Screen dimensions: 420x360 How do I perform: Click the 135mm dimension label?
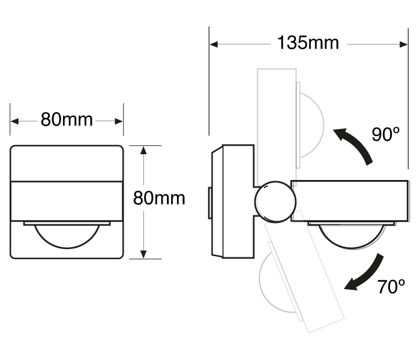click(308, 43)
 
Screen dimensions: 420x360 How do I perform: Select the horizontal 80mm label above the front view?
click(67, 119)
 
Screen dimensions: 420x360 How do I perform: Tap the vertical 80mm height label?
click(159, 198)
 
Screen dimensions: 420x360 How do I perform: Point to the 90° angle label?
click(386, 134)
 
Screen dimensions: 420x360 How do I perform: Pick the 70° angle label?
click(391, 287)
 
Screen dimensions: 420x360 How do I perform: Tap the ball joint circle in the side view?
click(275, 202)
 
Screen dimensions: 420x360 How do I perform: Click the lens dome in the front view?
click(67, 236)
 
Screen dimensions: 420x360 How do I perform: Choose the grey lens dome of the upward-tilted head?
click(312, 125)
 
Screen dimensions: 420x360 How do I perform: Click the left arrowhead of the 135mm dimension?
click(214, 44)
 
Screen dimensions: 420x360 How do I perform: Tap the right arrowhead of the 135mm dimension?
click(403, 44)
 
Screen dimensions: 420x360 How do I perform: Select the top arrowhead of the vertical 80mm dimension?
click(143, 150)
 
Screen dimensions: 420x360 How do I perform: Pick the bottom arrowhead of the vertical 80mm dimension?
click(143, 254)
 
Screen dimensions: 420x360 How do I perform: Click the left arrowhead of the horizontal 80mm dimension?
click(15, 121)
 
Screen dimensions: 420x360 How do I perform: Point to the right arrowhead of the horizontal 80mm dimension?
click(119, 121)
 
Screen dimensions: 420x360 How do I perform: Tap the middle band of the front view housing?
click(67, 201)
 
